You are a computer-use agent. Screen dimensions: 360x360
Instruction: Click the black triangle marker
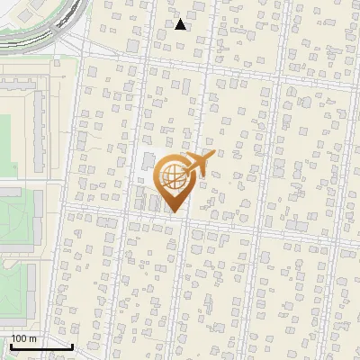(x=181, y=24)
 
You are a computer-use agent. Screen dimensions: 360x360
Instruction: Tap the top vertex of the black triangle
(x=181, y=19)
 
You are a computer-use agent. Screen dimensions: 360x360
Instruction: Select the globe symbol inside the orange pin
(x=172, y=175)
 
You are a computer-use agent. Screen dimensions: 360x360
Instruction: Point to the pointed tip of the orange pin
(x=174, y=212)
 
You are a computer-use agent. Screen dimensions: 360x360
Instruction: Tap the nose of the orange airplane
(x=213, y=155)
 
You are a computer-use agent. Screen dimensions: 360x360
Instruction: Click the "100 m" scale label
(x=23, y=338)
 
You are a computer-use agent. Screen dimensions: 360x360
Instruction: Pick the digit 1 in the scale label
(x=13, y=338)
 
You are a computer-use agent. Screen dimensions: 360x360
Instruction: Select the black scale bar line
(x=40, y=346)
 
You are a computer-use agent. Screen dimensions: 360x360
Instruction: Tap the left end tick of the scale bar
(x=10, y=345)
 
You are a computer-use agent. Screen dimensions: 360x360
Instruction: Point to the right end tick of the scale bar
(x=72, y=345)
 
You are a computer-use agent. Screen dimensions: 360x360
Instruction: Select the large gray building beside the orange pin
(x=147, y=163)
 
